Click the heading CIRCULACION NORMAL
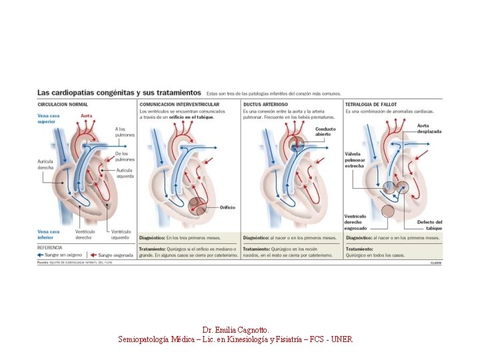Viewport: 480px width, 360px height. (63, 105)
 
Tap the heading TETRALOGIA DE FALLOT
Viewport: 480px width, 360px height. (372, 105)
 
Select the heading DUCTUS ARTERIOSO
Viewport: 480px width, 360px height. (266, 105)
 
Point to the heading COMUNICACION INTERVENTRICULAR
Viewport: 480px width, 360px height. (179, 105)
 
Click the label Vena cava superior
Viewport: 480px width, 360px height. (48, 119)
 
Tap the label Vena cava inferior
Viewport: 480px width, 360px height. (48, 234)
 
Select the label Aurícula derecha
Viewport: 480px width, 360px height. (46, 164)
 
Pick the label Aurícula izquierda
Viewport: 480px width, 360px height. (125, 173)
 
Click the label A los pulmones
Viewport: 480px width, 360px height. (125, 132)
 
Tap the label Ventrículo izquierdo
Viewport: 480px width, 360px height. (121, 234)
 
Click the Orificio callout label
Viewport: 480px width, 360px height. (227, 207)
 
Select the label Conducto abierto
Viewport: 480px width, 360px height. (325, 132)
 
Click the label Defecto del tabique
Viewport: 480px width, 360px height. (429, 225)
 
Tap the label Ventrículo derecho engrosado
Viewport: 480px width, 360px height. (355, 223)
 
